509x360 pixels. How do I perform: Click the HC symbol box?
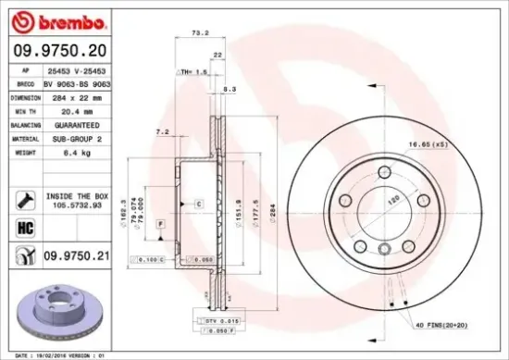click(x=25, y=225)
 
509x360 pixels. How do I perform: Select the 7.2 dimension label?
click(x=163, y=131)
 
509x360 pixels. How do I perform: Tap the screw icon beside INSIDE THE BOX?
click(x=25, y=198)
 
